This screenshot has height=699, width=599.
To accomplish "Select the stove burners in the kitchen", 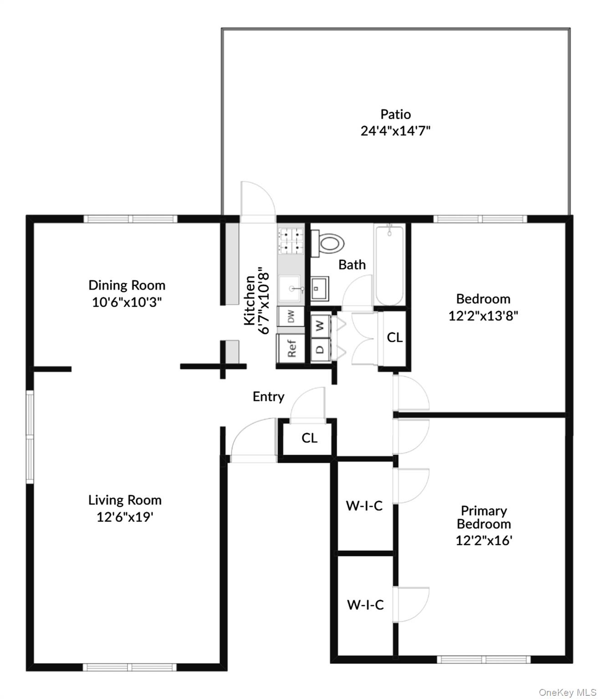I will pyautogui.click(x=291, y=241).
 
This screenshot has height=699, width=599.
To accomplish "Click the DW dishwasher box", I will pyautogui.click(x=291, y=316).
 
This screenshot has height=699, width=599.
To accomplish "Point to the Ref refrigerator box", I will pyautogui.click(x=291, y=348).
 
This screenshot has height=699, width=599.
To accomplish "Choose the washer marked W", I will pyautogui.click(x=320, y=325).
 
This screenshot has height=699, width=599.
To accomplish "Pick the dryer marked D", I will pyautogui.click(x=320, y=349).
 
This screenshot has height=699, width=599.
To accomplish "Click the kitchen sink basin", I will pyautogui.click(x=290, y=289).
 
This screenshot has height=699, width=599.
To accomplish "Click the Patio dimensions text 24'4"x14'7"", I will pyautogui.click(x=395, y=131).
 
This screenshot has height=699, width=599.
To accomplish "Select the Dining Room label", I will pyautogui.click(x=127, y=285).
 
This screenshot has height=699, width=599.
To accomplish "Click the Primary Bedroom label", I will pyautogui.click(x=484, y=517).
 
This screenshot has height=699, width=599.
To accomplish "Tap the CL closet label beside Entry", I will pyautogui.click(x=309, y=438).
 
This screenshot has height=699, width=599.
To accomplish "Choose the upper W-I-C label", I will pyautogui.click(x=364, y=506).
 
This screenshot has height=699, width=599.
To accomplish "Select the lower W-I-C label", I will pyautogui.click(x=365, y=605).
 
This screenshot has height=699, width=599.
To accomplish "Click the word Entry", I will pyautogui.click(x=268, y=396).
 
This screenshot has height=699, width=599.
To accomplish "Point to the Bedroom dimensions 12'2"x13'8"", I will pyautogui.click(x=483, y=316).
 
